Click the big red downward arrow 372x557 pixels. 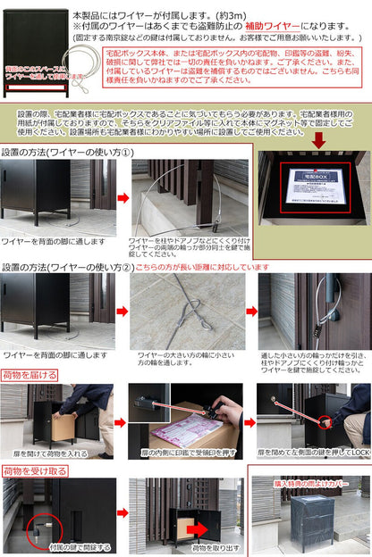point(318,140)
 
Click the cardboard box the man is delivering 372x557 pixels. point(63,426)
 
